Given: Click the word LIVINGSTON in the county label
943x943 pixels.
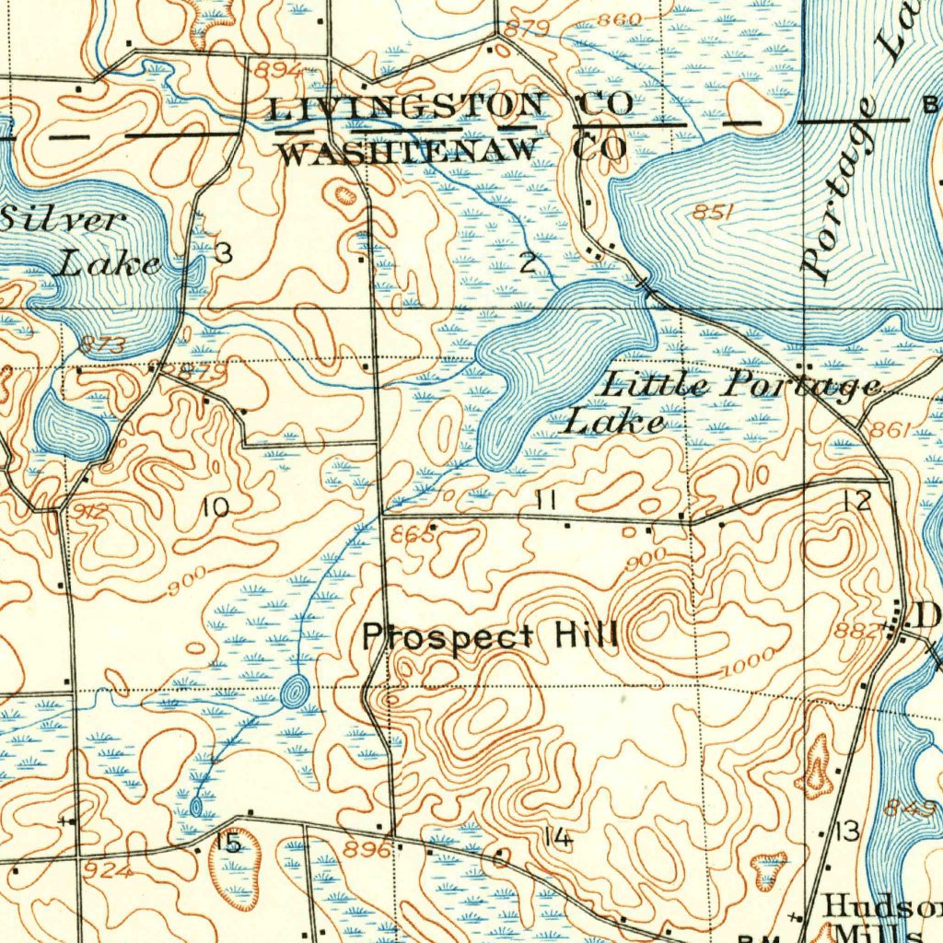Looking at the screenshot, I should pos(405,109).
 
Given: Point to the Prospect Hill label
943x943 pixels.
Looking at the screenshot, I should pos(489,636).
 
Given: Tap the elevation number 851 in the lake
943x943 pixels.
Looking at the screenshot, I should pos(713,213).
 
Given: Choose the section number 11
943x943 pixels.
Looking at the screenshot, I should pos(544,500).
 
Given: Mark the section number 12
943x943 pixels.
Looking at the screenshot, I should pos(856,501).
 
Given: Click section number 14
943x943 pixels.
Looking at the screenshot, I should pos(557,837).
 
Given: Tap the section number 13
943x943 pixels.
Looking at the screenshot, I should pos(846,832).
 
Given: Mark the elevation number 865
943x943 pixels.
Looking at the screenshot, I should pos(411,535).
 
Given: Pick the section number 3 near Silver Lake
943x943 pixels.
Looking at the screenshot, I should pos(224,254).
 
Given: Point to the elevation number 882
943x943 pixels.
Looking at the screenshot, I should pos(852,632).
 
